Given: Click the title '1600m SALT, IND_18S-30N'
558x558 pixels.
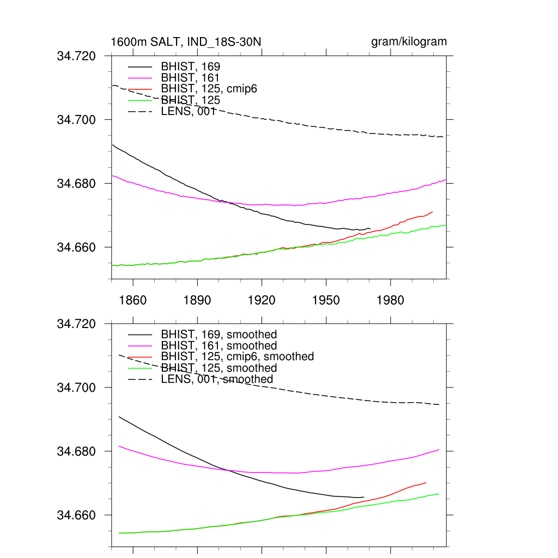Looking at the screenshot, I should point(186,42).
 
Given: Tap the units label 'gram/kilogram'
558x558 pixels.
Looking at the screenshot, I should point(409,42).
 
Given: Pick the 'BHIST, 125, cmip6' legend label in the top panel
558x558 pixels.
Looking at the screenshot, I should point(209,89).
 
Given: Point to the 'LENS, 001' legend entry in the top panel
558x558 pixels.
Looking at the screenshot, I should point(189,112).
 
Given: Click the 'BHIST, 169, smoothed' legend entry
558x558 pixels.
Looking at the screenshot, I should point(219,335).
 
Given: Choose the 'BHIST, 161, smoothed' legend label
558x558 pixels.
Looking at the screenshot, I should point(219,345).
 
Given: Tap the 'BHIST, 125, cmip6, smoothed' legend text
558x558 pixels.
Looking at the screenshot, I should point(238,356).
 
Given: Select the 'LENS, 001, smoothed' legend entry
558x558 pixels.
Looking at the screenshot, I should point(217,379).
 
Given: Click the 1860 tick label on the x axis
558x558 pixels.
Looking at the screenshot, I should point(133,300).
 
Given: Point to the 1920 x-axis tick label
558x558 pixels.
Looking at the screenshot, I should point(262,300).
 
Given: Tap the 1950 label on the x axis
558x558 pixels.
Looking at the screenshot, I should point(326,300).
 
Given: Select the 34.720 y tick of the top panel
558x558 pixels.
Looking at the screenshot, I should point(76,56).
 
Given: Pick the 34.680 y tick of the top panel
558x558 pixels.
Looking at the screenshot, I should point(76,184).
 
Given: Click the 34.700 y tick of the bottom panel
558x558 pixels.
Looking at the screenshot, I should point(76,388).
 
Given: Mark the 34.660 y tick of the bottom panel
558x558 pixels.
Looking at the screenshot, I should point(76,515).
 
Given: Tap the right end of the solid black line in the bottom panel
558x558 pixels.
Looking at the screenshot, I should point(363,497).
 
